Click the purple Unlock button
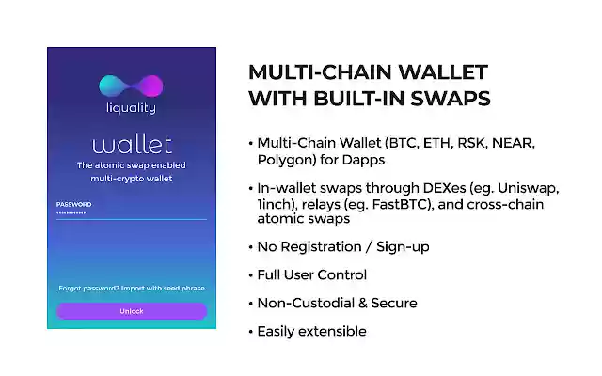132,311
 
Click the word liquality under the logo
132,108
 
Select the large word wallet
132,144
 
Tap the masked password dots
71,213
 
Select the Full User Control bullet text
311,275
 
